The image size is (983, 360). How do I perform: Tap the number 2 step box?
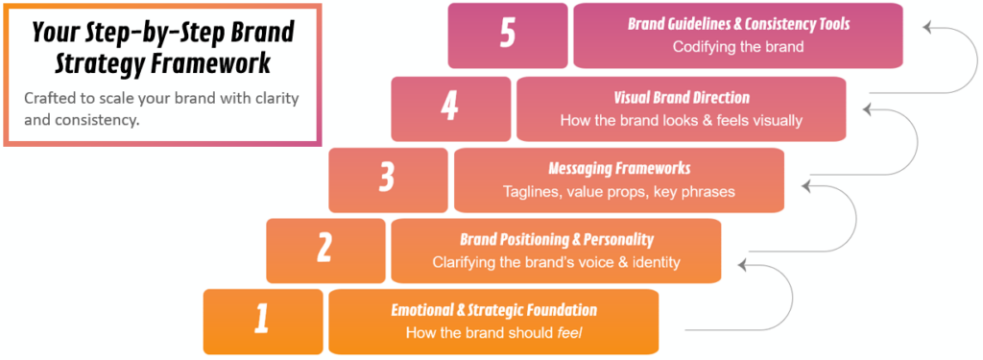tap(325, 251)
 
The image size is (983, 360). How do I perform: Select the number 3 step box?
tap(388, 180)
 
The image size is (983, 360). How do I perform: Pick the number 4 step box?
tap(450, 108)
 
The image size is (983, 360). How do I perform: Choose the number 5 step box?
tap(508, 36)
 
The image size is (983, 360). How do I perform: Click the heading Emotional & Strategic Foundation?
tap(493, 310)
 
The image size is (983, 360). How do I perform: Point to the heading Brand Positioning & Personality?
tap(556, 239)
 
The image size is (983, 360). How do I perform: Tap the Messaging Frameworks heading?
tap(619, 169)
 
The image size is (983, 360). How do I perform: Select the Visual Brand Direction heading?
tap(681, 98)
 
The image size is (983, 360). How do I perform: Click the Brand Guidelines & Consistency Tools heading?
tap(738, 25)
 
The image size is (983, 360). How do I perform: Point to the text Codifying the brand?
tap(738, 46)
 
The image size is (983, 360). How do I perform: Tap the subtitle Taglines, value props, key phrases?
tap(619, 191)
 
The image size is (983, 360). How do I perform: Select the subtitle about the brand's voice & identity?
tap(556, 261)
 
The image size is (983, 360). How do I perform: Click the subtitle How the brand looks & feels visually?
tap(681, 120)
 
